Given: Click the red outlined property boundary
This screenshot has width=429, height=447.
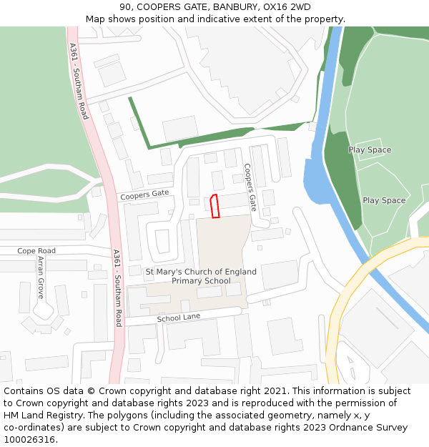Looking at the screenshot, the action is [x=214, y=206].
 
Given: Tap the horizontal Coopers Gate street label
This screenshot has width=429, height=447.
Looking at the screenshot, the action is [x=144, y=194].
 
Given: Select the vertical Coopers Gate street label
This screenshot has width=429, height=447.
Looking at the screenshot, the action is [x=250, y=187].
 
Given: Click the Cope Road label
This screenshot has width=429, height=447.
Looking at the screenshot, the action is [x=36, y=251].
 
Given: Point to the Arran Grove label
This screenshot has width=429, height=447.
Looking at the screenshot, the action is [x=40, y=278].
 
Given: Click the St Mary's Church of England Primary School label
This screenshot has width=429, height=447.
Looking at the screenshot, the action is [x=201, y=276].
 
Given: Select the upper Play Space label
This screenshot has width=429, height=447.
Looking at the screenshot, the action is [x=370, y=150].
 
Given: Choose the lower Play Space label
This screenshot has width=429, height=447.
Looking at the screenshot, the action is [x=384, y=200].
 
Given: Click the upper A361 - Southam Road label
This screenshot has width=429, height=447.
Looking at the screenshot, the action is [x=78, y=81].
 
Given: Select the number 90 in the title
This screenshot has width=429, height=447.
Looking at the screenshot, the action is [x=126, y=6].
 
